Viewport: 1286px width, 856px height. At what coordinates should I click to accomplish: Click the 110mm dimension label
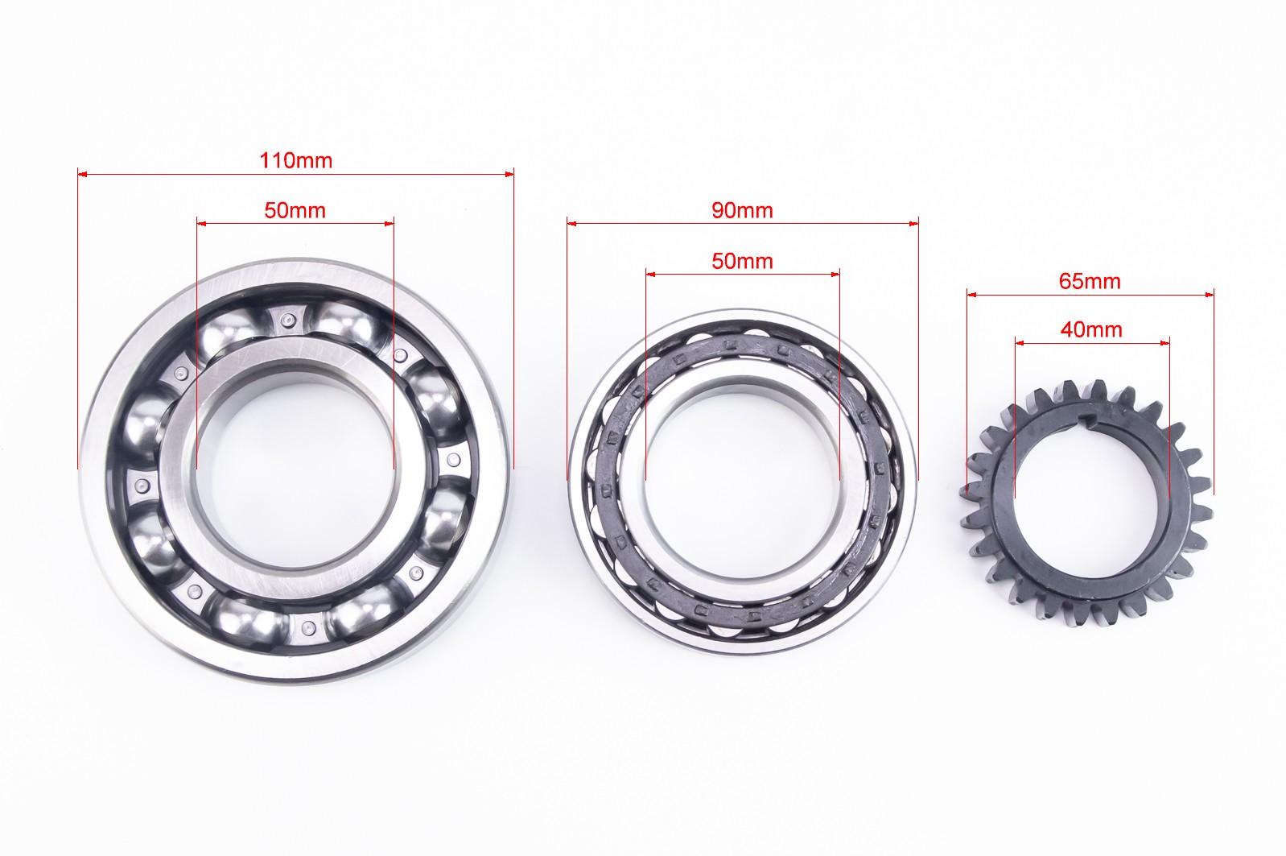[x=295, y=160]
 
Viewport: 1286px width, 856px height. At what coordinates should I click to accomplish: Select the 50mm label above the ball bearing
[x=295, y=210]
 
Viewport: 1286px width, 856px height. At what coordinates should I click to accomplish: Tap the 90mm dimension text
[x=742, y=210]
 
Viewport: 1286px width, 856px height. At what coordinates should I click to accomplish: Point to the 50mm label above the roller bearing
[x=742, y=262]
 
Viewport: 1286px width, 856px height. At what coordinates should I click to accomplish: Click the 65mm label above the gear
[x=1090, y=282]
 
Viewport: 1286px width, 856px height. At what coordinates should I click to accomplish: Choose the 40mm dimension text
[x=1090, y=330]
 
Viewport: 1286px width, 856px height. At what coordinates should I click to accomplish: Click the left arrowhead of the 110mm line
[x=82, y=173]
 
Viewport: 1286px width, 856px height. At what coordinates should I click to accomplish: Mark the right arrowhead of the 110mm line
[x=509, y=174]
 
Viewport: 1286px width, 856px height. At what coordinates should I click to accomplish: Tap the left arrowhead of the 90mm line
[x=571, y=224]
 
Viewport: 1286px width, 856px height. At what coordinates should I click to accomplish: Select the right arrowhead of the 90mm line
[x=914, y=224]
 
